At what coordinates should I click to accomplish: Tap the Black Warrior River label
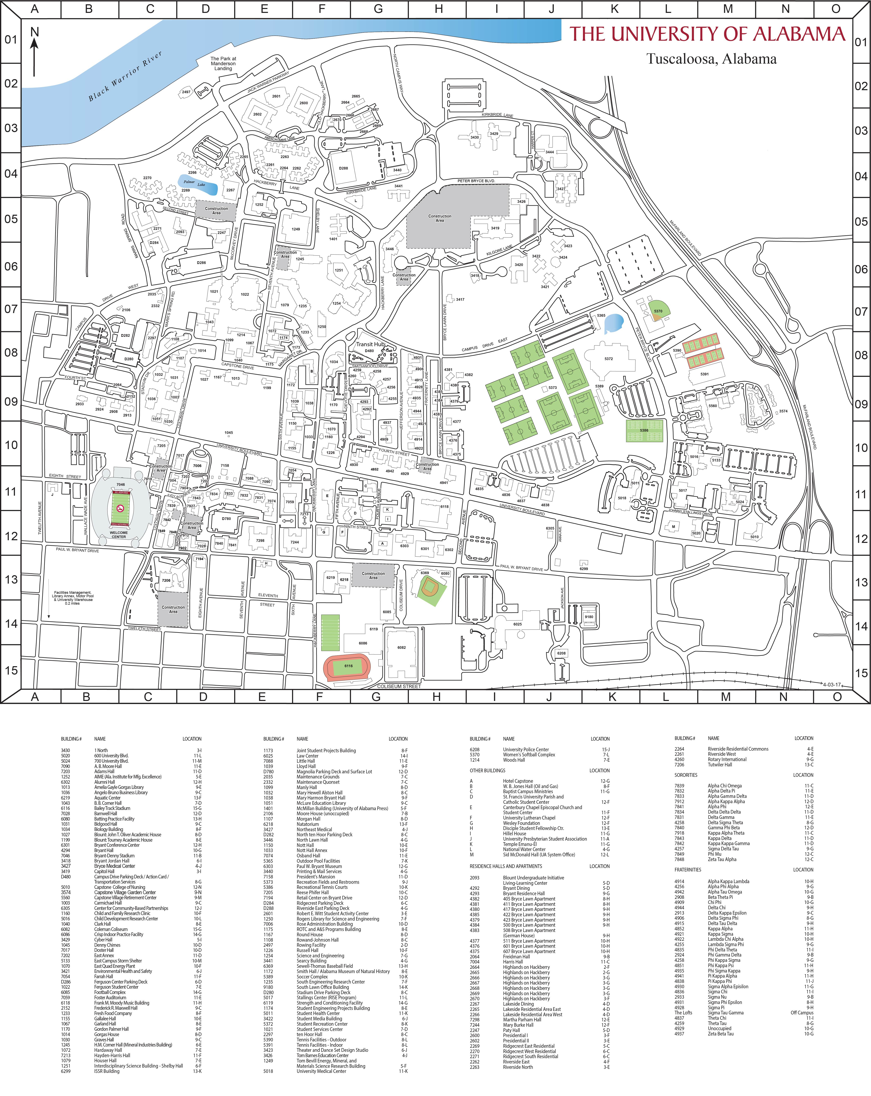(x=125, y=76)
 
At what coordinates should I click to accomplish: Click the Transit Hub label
(x=370, y=344)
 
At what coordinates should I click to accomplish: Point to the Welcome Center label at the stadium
(x=119, y=534)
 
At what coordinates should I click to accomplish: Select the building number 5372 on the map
(x=609, y=359)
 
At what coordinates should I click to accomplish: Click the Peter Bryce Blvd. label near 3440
(x=476, y=181)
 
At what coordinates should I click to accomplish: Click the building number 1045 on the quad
(x=229, y=433)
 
